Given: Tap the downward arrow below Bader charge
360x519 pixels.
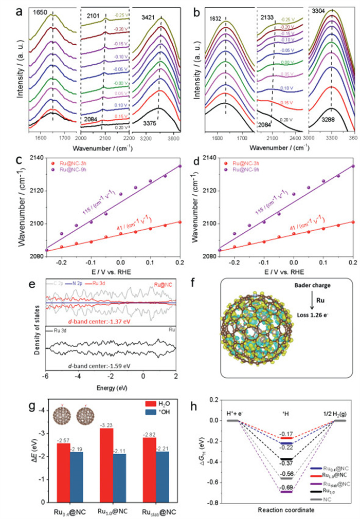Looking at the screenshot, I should click(307, 303).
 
